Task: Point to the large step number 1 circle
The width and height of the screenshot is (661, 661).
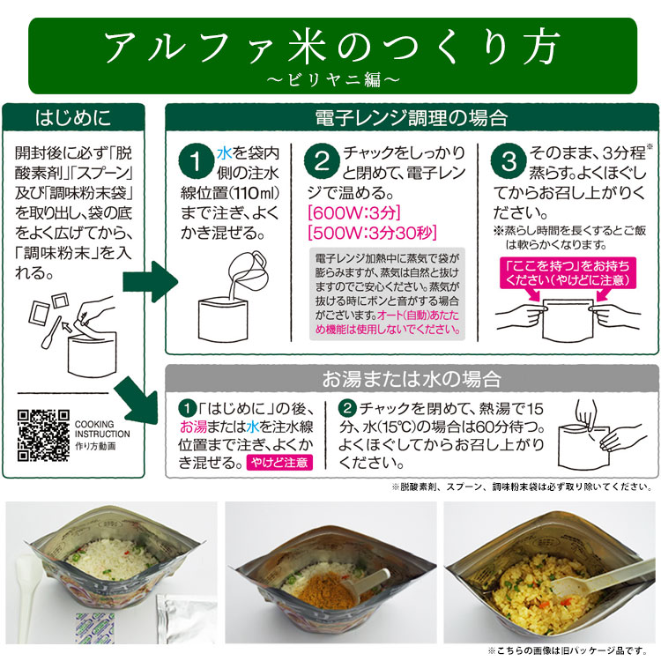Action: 192,162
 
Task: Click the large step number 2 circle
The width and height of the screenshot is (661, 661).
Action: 322,162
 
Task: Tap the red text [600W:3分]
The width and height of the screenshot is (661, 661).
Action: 349,213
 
